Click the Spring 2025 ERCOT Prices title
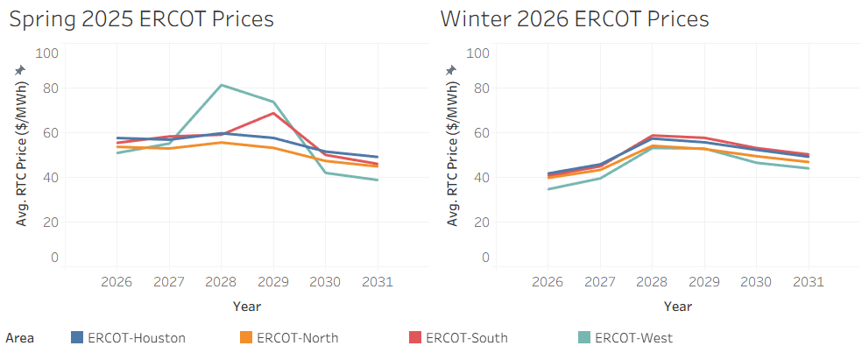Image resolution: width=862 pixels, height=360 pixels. click(x=141, y=18)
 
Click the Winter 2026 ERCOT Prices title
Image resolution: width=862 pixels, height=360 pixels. click(x=574, y=18)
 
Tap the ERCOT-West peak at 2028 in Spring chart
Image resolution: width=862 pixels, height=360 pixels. click(x=221, y=85)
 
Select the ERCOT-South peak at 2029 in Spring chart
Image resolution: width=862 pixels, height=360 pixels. click(x=273, y=113)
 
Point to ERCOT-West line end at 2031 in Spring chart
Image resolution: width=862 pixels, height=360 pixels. click(x=378, y=180)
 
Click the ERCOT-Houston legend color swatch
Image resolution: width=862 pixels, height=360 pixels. click(x=77, y=337)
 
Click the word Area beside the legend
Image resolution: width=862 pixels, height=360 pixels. click(x=19, y=337)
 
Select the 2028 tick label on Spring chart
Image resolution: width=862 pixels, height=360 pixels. click(x=221, y=283)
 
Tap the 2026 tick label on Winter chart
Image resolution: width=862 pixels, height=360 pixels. click(x=548, y=283)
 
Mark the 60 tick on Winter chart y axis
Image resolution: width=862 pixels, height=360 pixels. click(x=480, y=133)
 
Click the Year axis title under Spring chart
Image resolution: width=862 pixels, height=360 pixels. click(x=246, y=307)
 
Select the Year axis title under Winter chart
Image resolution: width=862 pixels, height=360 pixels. click(x=678, y=307)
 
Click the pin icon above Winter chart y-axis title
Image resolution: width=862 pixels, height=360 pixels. click(x=451, y=70)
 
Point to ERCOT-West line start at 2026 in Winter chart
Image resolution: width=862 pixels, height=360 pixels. click(x=548, y=188)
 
